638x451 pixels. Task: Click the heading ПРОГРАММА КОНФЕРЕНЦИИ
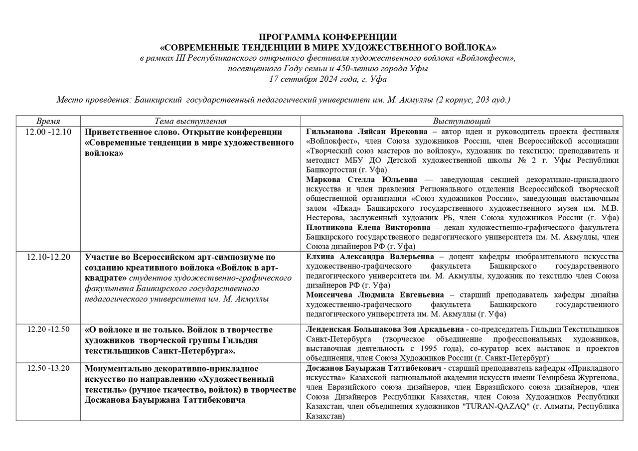pos(328,37)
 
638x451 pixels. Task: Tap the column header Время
pos(48,121)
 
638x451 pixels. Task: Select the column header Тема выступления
pos(190,121)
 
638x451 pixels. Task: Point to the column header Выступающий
pos(462,121)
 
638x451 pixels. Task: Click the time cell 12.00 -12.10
pos(48,132)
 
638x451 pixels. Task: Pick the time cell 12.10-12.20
pos(48,257)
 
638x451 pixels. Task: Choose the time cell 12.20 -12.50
pos(48,329)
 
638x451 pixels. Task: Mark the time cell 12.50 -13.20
pos(48,368)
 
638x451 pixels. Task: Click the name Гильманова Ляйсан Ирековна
pos(367,132)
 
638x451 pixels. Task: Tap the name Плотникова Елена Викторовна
pos(368,227)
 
